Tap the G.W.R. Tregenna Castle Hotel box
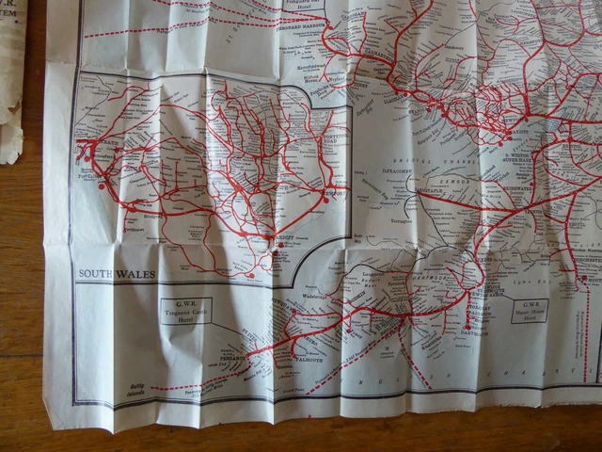point(186,311)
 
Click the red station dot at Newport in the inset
point(331,199)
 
